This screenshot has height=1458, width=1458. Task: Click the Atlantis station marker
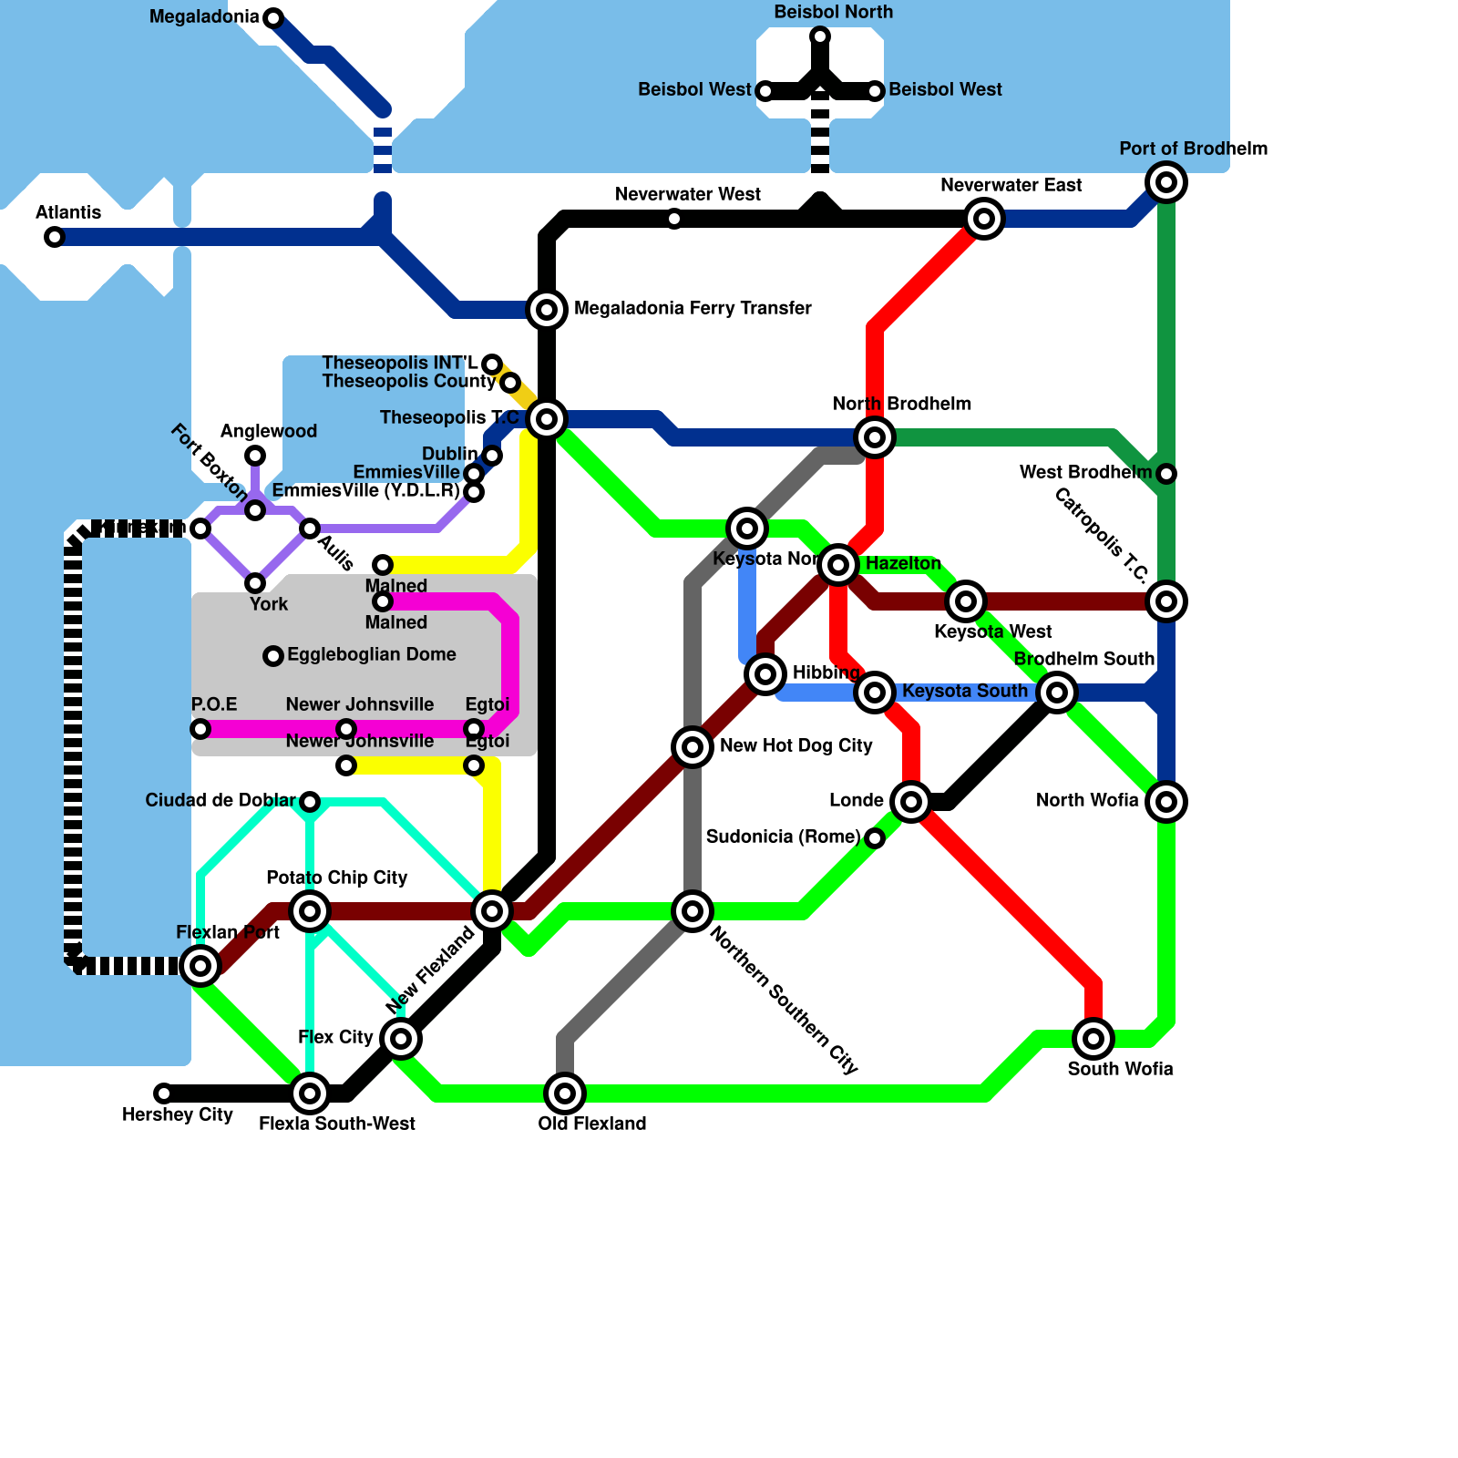click(x=55, y=238)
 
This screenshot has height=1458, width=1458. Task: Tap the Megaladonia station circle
click(x=273, y=17)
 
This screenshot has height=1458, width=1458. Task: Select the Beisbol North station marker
click(x=820, y=36)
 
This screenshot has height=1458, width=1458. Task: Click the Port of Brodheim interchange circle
click(x=1166, y=182)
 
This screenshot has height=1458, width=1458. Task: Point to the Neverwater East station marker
click(x=984, y=219)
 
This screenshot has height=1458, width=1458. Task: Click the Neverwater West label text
click(x=687, y=194)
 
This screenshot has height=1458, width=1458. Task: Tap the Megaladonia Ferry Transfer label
click(x=693, y=308)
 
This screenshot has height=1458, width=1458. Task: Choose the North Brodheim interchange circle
click(x=875, y=437)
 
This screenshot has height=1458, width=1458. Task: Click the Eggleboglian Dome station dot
click(x=273, y=656)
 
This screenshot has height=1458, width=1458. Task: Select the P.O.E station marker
click(x=200, y=729)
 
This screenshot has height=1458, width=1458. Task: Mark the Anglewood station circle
click(x=255, y=456)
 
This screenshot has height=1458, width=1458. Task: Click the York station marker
click(x=255, y=583)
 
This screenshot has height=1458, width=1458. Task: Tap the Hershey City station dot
click(x=164, y=1093)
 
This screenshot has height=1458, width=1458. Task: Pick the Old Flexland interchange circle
click(x=565, y=1093)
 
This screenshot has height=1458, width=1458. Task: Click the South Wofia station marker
click(x=1093, y=1039)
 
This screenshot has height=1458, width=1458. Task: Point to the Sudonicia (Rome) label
click(x=783, y=837)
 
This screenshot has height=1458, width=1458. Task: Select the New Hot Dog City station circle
click(x=693, y=747)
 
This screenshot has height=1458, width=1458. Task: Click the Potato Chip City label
click(x=336, y=878)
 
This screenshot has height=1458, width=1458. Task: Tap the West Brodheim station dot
click(x=1166, y=474)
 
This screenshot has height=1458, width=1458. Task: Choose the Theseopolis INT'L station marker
click(x=492, y=364)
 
